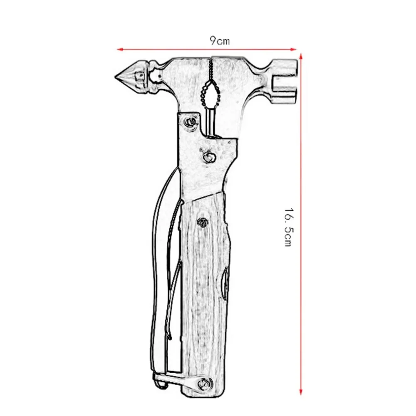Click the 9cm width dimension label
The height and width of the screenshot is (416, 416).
pyautogui.click(x=220, y=41)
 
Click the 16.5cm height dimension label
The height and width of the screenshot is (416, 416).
pyautogui.click(x=289, y=227)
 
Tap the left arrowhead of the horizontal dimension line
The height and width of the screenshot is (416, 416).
pyautogui.click(x=120, y=50)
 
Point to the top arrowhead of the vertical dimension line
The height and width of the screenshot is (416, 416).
pyautogui.click(x=301, y=57)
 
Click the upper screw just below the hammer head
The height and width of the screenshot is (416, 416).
pyautogui.click(x=191, y=122)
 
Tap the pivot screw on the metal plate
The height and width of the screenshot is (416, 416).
pyautogui.click(x=209, y=157)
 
